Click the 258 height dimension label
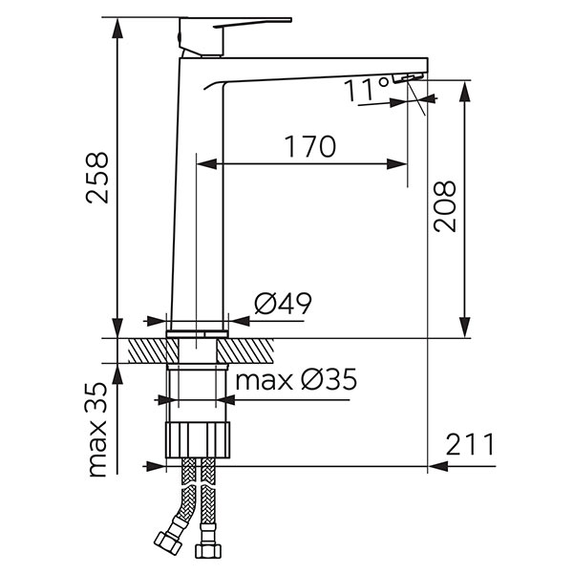coord(97,178)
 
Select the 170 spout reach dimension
coord(309,146)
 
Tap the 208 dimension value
coord(445,206)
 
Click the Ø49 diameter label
coord(284,303)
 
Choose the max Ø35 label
coord(296,380)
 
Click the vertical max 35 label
coord(97,430)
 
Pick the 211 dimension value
coord(470,444)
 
